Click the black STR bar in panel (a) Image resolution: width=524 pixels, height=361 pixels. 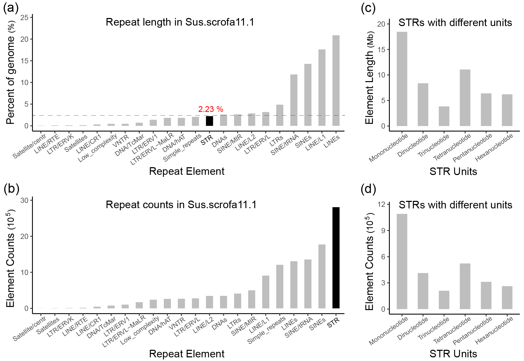(x=210, y=121)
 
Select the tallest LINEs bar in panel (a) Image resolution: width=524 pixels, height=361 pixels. (x=336, y=81)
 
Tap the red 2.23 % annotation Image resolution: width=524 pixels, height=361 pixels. (x=211, y=109)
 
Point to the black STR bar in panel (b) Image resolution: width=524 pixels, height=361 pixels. (x=336, y=258)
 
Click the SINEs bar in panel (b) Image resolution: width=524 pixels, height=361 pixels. (x=322, y=276)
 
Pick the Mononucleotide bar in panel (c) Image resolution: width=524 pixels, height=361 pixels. (x=402, y=79)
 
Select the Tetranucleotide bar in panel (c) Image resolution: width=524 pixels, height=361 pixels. (x=465, y=98)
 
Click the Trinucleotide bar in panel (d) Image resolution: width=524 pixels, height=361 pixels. (x=444, y=300)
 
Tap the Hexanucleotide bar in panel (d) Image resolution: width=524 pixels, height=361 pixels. (x=507, y=298)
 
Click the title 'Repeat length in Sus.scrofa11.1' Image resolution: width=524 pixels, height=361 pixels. (x=180, y=22)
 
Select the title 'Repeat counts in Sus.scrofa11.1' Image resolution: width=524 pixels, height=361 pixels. (x=181, y=205)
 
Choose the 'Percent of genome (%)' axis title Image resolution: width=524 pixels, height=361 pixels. (x=10, y=72)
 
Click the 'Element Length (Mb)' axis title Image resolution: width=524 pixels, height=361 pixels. (x=370, y=78)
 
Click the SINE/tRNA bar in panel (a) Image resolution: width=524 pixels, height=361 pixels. (x=294, y=100)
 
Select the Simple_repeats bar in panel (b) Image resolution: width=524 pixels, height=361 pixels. (x=280, y=287)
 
